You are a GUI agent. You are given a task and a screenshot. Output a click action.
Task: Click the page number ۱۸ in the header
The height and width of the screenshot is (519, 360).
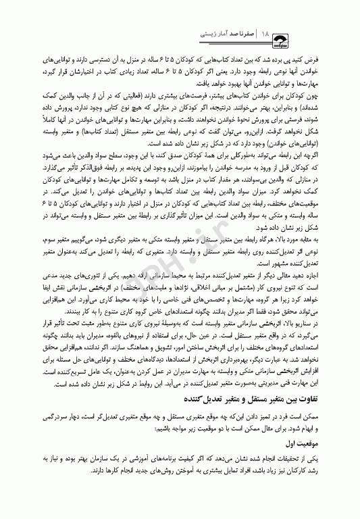click(x=266, y=32)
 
